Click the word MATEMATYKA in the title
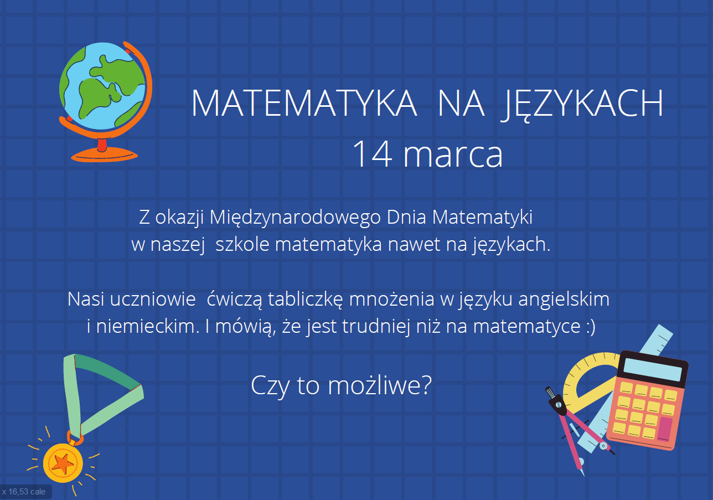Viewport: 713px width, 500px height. point(304,103)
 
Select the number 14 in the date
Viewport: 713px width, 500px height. point(373,154)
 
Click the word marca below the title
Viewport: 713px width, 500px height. point(453,156)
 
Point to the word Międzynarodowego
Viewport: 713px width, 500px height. point(295,218)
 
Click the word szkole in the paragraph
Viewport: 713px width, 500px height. point(242,244)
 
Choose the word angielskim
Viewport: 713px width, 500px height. point(564,300)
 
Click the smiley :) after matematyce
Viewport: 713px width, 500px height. point(591,327)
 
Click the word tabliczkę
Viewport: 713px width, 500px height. point(305,300)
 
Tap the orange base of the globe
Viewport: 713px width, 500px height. point(104,155)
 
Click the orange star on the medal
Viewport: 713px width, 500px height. point(63,463)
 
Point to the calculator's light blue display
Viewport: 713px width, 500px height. point(653,369)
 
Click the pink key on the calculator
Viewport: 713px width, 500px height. point(665,430)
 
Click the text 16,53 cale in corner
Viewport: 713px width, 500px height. point(27,492)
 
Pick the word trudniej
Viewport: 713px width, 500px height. point(376,327)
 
